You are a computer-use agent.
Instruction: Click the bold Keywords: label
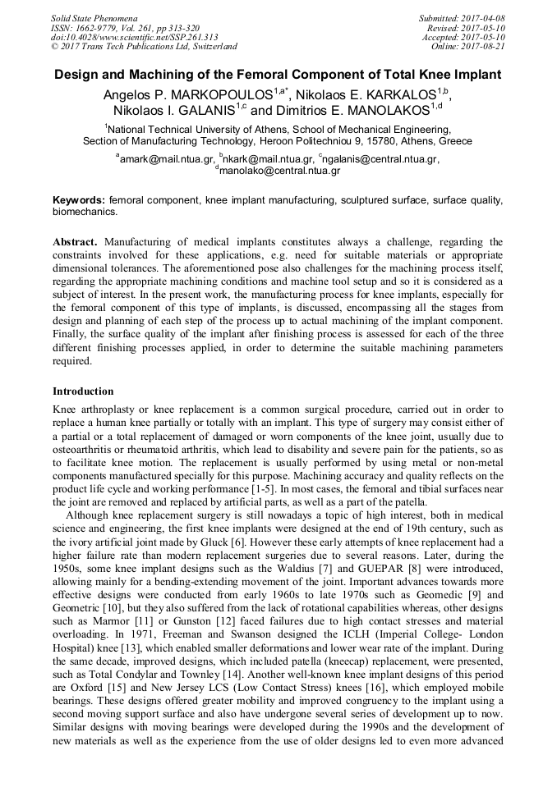[79, 200]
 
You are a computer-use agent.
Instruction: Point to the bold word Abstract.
[76, 242]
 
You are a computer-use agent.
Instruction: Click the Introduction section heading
[83, 391]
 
